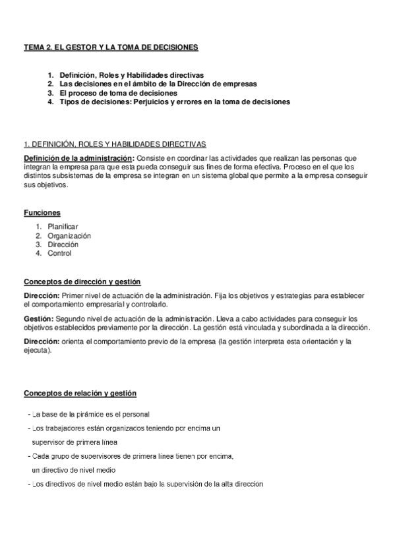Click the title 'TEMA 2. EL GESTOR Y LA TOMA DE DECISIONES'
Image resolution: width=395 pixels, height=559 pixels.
point(110,47)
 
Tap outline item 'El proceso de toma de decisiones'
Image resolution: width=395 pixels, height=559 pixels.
point(118,94)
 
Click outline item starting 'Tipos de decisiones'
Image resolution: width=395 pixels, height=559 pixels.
point(173,102)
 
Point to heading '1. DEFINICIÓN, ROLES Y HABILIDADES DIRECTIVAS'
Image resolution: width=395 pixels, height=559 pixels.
point(115,143)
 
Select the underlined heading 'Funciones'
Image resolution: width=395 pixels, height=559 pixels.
point(42,212)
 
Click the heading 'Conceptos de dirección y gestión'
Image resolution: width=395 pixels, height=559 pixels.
point(82,281)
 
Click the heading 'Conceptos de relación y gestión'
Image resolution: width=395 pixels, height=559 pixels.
point(80,394)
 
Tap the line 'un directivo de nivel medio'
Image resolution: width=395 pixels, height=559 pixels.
point(74,470)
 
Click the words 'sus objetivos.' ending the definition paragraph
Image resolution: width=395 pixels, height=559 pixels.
point(46,185)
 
